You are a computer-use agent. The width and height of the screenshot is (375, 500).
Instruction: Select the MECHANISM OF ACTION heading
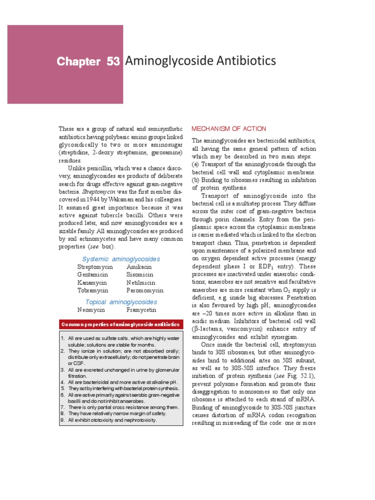(229, 129)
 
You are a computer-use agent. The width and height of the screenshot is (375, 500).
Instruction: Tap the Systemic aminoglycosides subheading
(121, 259)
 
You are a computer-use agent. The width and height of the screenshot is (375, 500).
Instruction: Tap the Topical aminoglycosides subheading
(121, 302)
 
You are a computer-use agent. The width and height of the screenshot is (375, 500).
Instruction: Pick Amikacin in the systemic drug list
(139, 267)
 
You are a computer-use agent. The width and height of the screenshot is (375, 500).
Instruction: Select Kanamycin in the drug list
(93, 282)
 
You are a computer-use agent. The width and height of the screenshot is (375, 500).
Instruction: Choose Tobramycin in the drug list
(93, 290)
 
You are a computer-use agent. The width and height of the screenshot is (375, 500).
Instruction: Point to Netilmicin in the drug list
(141, 282)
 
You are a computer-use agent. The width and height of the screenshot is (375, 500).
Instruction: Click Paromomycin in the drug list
(145, 290)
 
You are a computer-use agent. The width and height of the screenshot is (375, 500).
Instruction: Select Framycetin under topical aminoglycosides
(142, 310)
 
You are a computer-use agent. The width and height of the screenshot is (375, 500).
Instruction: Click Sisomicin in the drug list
(140, 274)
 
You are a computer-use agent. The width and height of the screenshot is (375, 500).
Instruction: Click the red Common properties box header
(121, 325)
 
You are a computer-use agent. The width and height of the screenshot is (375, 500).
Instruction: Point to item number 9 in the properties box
(62, 420)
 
